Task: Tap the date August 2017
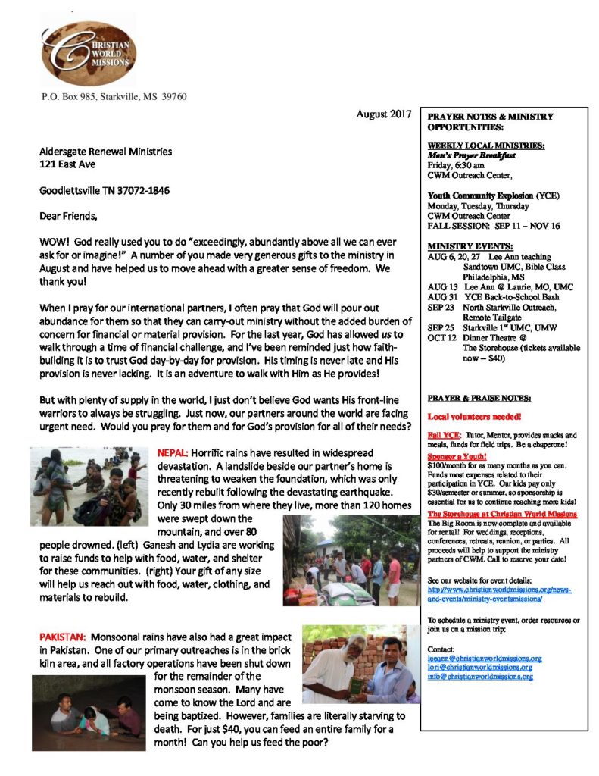point(384,114)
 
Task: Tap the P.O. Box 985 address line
point(114,96)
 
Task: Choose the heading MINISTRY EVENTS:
point(459,246)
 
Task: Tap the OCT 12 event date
point(442,337)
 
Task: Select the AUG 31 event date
point(442,297)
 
